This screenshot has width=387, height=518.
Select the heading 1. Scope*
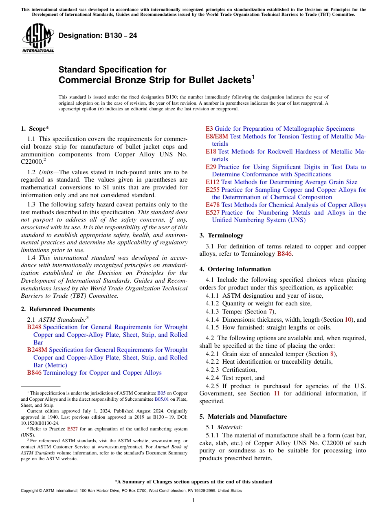[35, 129]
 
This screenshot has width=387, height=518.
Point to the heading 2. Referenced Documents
[58, 309]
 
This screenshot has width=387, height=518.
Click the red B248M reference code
[37, 350]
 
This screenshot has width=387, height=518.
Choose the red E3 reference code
[209, 129]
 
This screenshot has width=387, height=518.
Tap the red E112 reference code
[212, 182]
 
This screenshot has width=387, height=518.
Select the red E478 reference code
[212, 205]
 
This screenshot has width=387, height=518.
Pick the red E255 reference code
[212, 190]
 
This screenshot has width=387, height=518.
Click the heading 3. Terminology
[221, 235]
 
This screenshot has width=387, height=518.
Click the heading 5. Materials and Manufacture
[243, 417]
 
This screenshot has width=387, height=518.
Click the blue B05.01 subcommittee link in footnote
[160, 399]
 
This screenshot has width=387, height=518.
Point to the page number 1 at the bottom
[193, 500]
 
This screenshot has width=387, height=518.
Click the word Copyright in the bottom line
[30, 491]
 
